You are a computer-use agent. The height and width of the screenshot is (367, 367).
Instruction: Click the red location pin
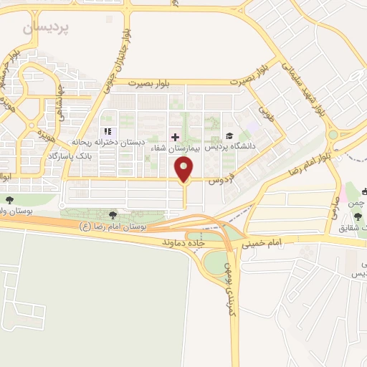184,170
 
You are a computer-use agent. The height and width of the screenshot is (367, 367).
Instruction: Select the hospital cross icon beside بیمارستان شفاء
174,136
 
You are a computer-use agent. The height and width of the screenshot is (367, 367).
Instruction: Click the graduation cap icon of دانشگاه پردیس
229,136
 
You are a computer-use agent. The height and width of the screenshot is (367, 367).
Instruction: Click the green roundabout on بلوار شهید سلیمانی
332,134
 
